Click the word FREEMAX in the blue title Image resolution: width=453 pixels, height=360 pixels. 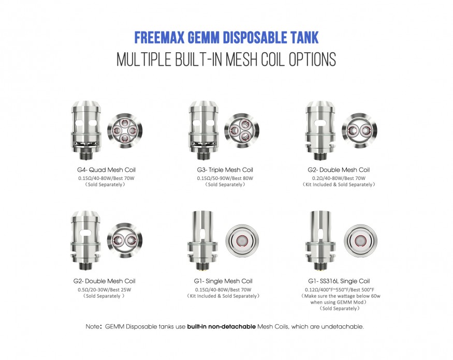[159, 38]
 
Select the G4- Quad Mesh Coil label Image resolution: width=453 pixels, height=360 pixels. [106, 170]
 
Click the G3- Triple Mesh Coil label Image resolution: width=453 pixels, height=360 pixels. [225, 170]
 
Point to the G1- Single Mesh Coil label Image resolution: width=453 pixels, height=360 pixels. [223, 281]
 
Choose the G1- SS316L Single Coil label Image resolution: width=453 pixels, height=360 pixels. [339, 281]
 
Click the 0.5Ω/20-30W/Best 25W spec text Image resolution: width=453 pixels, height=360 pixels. [104, 290]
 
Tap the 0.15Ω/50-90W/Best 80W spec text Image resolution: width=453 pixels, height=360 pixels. [225, 178]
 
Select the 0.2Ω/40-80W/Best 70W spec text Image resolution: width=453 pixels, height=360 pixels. [339, 178]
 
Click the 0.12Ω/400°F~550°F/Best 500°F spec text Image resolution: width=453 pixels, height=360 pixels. [340, 290]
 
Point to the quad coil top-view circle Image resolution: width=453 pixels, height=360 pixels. [125, 131]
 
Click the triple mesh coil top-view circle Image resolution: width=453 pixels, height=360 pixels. [242, 131]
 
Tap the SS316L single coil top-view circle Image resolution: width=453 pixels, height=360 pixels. [360, 241]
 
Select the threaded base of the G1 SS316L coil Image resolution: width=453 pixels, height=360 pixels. [320, 266]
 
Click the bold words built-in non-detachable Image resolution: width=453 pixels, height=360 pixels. [221, 326]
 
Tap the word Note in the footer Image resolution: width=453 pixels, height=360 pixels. [92, 326]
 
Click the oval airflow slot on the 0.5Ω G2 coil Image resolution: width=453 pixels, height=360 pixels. [85, 232]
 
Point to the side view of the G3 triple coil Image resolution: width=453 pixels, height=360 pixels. [203, 130]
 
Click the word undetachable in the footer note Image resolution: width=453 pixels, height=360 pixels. [342, 326]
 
